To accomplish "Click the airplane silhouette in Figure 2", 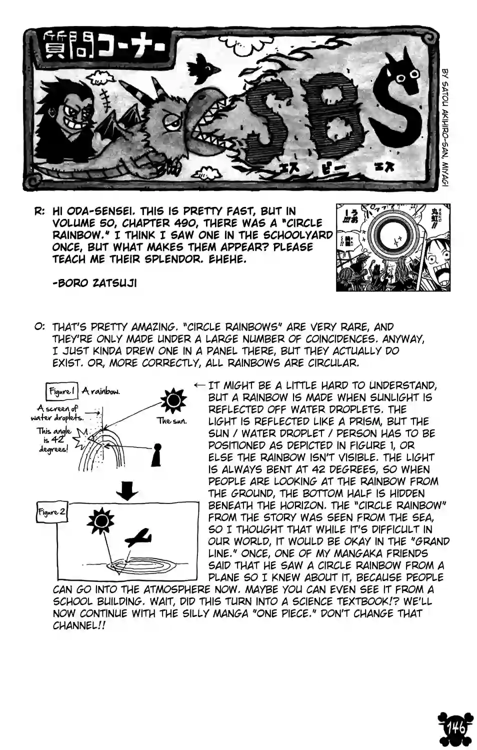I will [x=138, y=537].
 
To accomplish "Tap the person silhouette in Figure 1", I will [x=158, y=454].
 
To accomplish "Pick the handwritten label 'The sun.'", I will [x=172, y=421].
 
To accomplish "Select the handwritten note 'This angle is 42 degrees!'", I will [x=54, y=440].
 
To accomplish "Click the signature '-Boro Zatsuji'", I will [x=94, y=283].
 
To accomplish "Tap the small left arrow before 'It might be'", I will [x=199, y=385].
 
